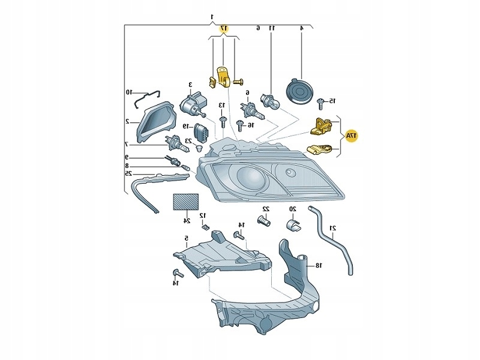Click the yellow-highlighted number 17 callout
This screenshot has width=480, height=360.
tap(224, 29)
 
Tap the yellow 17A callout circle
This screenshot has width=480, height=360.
tap(351, 137)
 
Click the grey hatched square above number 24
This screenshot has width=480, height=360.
tap(186, 201)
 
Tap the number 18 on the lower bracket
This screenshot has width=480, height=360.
tap(319, 265)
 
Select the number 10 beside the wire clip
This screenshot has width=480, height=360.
tap(128, 92)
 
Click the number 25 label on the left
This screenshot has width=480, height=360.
tap(128, 173)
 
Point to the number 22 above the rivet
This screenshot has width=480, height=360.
tap(266, 209)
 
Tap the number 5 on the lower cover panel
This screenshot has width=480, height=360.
tap(187, 239)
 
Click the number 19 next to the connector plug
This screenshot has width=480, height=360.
tap(187, 126)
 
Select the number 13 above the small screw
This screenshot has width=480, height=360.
tap(222, 106)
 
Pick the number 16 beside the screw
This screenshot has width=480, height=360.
tap(251, 125)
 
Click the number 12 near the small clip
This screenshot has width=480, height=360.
tap(203, 215)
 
